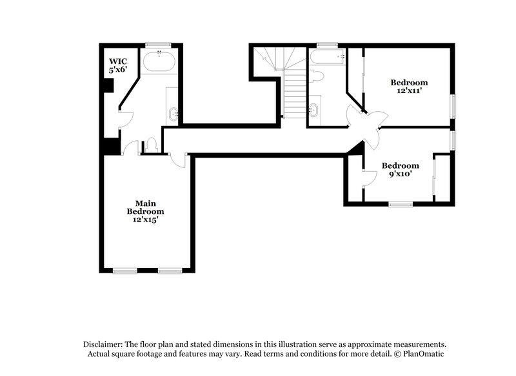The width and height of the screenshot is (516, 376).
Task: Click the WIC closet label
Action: pyautogui.click(x=117, y=64)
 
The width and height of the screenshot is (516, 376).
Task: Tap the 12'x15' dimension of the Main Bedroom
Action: pyautogui.click(x=145, y=220)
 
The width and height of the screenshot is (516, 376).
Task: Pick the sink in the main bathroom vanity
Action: pyautogui.click(x=174, y=115)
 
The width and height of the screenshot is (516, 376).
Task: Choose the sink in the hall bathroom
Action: pyautogui.click(x=314, y=109)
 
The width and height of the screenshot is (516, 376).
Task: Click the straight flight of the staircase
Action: pyautogui.click(x=293, y=94)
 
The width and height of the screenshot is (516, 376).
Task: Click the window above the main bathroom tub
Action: pyautogui.click(x=156, y=45)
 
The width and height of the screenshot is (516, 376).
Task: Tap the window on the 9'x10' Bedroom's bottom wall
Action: pyautogui.click(x=401, y=205)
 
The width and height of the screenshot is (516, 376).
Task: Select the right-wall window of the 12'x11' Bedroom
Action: pyautogui.click(x=453, y=105)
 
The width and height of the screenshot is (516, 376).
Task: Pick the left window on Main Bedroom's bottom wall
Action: pyautogui.click(x=124, y=269)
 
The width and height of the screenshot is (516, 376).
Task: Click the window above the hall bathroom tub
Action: pyautogui.click(x=327, y=45)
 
